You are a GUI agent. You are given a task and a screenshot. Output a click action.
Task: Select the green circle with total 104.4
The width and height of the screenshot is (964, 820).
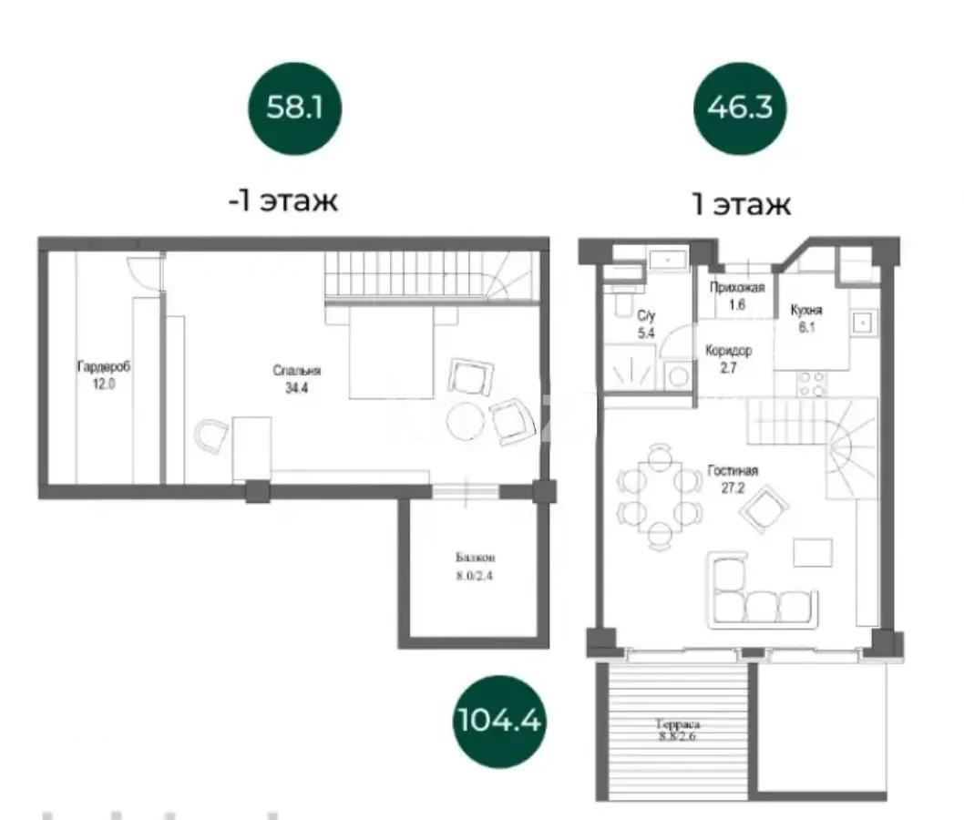(497, 722)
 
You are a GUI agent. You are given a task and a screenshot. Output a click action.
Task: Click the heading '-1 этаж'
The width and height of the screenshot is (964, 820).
(283, 200)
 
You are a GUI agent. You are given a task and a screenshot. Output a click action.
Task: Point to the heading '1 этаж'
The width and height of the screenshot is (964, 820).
(740, 203)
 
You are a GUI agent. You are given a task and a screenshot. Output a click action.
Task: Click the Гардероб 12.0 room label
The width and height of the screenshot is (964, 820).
(103, 375)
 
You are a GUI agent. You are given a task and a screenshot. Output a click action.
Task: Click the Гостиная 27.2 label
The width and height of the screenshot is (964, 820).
(733, 479)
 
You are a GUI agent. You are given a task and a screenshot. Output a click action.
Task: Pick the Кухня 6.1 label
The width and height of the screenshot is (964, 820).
(806, 318)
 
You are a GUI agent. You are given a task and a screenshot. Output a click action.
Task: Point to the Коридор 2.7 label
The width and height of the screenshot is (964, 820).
(729, 359)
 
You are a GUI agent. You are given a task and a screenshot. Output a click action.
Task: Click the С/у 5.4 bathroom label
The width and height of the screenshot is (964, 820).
(646, 324)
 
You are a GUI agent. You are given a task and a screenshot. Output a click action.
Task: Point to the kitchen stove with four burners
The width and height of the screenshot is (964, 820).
(811, 384)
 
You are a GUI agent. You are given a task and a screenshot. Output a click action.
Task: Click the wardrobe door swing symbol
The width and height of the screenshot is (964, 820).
(144, 272)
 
